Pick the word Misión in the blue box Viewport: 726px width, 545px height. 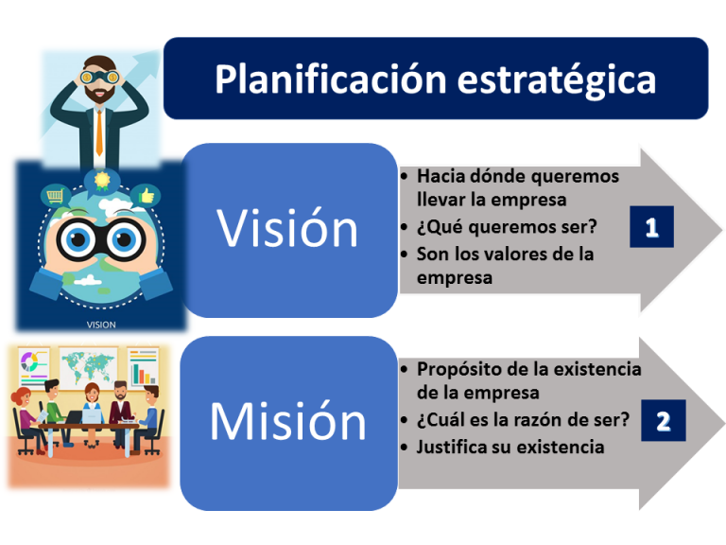[288, 421]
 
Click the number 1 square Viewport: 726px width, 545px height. [651, 227]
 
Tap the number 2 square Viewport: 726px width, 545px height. [663, 420]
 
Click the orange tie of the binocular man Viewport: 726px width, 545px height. [99, 132]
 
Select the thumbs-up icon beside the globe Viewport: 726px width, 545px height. [147, 195]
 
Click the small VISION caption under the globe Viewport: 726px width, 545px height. [100, 324]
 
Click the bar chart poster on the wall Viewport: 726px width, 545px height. [143, 364]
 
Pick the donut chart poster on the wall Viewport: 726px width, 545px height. [33, 364]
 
